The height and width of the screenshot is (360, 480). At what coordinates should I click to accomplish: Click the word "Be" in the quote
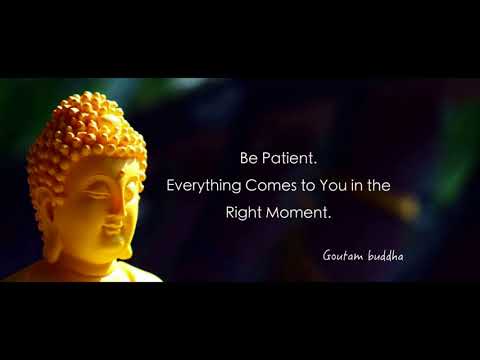pos(249,158)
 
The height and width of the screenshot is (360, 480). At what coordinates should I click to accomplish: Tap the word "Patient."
pos(289,158)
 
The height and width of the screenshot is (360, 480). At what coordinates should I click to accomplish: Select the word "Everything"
pos(204,186)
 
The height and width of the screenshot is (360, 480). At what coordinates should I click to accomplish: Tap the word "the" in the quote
pos(379,185)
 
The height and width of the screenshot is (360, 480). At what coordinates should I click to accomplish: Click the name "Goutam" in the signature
pos(343,256)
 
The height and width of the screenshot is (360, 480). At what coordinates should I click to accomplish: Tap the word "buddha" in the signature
pos(386,255)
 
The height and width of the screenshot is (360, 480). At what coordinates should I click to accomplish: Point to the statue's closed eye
pos(96,193)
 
